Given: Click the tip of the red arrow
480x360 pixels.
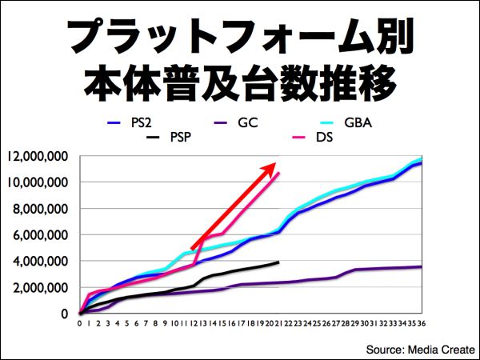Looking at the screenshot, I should click(276, 162).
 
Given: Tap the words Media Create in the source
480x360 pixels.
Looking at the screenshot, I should click(440, 349).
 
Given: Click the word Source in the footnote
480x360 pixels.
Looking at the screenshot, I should click(386, 349).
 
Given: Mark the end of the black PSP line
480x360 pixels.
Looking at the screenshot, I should click(279, 262).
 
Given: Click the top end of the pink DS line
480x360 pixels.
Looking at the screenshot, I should click(280, 173).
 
